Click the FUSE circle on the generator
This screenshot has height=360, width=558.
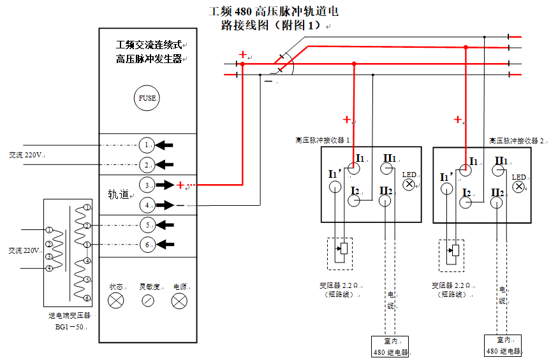147,98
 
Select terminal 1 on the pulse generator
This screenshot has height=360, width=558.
147,145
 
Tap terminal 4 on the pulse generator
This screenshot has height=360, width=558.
147,205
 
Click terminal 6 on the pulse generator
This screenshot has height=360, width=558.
147,244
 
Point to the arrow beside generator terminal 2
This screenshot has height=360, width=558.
165,165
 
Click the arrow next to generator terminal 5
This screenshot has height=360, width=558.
165,225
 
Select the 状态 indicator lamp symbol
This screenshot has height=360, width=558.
116,301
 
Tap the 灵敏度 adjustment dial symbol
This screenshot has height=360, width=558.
148,301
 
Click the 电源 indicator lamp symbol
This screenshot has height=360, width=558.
180,301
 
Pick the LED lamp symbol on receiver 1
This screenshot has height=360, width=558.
409,185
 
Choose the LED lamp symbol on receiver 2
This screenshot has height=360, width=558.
520,186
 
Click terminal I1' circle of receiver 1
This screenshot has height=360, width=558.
335,187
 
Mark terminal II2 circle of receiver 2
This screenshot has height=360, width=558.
497,203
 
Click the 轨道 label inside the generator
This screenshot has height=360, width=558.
119,194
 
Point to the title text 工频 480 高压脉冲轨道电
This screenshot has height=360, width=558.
274,11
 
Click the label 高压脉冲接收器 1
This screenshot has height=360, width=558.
323,140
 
